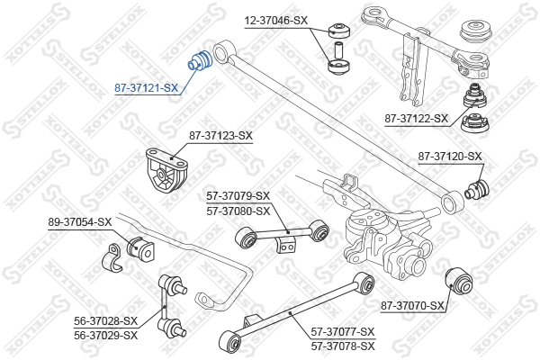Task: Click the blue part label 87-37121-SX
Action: [x=147, y=88]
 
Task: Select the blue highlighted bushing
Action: [x=200, y=61]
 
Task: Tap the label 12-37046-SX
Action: [x=276, y=21]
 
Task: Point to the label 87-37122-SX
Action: [x=417, y=119]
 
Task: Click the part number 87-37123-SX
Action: [x=220, y=136]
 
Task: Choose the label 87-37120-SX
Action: [x=450, y=157]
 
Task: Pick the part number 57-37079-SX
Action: [x=238, y=196]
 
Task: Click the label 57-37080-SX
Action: [x=238, y=211]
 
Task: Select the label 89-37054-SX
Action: [x=80, y=222]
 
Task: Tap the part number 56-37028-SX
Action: [x=105, y=321]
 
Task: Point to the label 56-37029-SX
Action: [x=105, y=335]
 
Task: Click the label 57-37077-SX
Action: [x=343, y=332]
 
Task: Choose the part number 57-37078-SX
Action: [x=343, y=346]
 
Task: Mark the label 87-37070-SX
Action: [x=412, y=306]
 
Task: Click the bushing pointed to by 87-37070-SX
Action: [x=459, y=281]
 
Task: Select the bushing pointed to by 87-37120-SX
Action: [x=477, y=189]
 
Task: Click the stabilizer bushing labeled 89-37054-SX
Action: [x=140, y=248]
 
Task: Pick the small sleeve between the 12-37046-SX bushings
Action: [x=337, y=50]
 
